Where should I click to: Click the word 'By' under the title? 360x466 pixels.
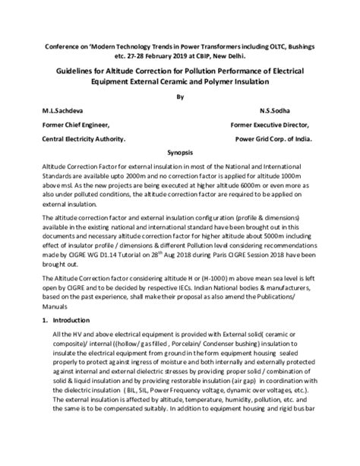tap(180, 97)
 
